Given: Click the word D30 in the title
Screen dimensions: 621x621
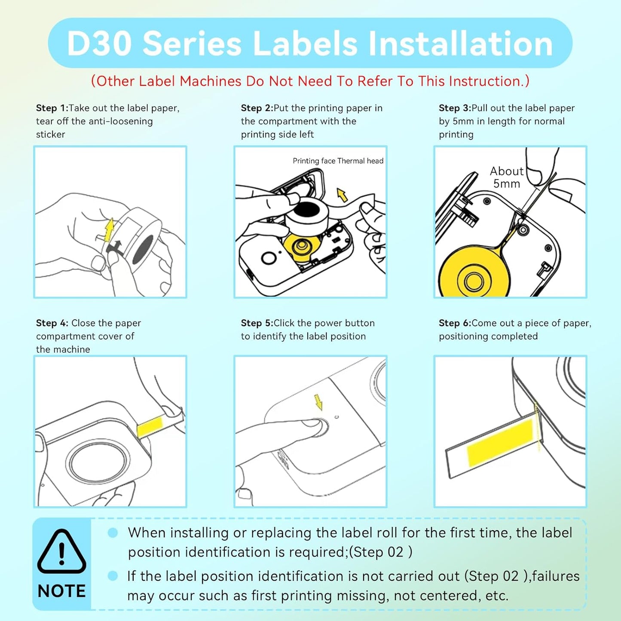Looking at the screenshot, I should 99,43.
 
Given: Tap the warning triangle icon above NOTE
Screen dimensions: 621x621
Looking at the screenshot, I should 61,551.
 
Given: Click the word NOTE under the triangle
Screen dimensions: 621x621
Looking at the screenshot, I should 61,591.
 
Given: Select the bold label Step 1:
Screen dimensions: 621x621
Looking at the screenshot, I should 52,108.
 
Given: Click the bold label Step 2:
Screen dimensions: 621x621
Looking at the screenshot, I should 257,108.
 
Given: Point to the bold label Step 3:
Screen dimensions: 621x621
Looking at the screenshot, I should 455,108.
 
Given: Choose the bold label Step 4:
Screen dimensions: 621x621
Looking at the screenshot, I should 52,323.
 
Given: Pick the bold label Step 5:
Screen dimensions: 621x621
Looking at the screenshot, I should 257,323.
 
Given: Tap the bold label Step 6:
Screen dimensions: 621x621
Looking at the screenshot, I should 455,323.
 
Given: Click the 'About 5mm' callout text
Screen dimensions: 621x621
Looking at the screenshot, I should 507,177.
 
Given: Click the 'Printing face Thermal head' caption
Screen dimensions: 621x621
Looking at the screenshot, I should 338,161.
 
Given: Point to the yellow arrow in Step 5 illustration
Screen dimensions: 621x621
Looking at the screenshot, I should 318,402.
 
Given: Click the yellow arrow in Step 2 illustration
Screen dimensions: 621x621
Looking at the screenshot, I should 342,195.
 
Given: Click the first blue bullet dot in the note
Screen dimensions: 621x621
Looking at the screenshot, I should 113,533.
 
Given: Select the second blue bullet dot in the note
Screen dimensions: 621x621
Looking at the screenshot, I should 113,576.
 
